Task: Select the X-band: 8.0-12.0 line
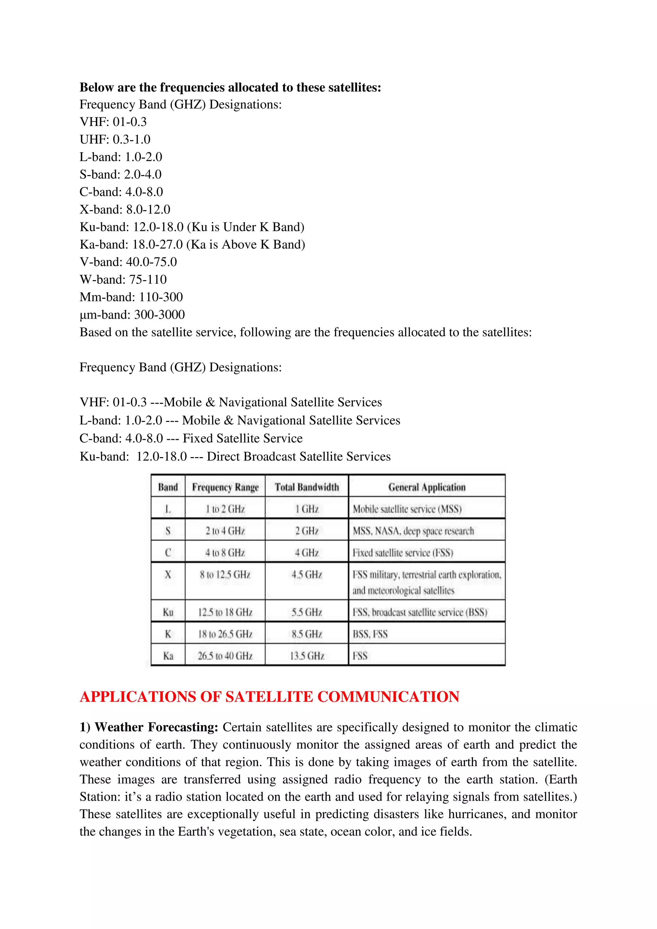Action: [125, 210]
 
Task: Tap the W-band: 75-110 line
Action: [123, 280]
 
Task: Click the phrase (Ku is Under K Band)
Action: [245, 227]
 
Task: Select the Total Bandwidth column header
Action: [306, 487]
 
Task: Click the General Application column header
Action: [427, 487]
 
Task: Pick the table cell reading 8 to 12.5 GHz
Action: [225, 574]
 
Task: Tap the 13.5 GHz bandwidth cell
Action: [307, 656]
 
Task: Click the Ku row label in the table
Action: [168, 612]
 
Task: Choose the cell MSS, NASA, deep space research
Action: [413, 531]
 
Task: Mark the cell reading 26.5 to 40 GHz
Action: [225, 656]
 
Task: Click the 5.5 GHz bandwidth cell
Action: [307, 612]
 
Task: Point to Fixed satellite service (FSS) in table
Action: [403, 553]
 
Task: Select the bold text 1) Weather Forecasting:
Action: [149, 727]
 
